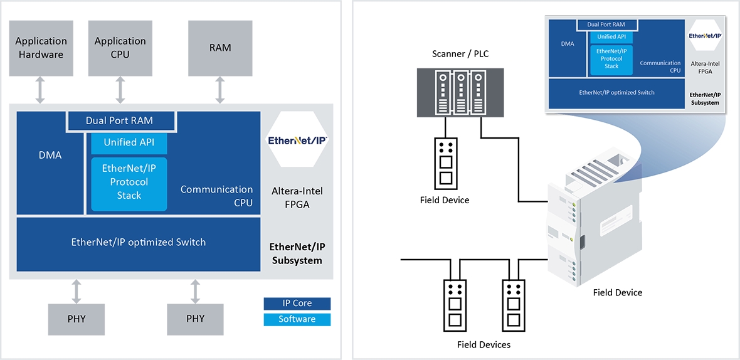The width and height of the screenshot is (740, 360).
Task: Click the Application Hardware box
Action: point(41,48)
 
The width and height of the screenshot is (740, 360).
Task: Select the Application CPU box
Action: point(120,48)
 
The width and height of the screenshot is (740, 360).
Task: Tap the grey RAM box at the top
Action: point(220,48)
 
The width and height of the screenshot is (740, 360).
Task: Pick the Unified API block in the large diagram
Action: point(129,142)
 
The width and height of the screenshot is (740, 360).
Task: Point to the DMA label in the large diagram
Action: point(50,155)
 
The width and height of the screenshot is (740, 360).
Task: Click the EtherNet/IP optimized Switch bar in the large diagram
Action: point(139,243)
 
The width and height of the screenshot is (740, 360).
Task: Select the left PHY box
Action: point(77,319)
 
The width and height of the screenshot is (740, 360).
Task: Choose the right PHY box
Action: point(196,319)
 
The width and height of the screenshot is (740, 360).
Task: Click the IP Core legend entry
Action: point(297,304)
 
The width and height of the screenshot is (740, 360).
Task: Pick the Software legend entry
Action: point(297,319)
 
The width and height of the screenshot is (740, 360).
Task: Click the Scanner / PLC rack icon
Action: point(460,93)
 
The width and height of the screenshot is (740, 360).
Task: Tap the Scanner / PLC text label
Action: point(460,54)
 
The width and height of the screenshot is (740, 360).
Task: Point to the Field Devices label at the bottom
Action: point(484,345)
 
